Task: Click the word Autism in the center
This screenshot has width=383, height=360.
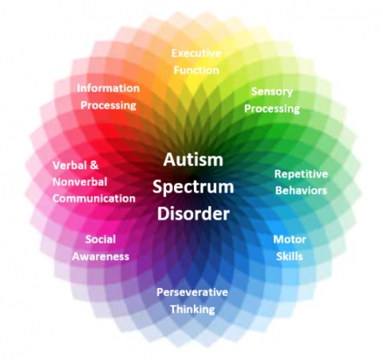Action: (193, 159)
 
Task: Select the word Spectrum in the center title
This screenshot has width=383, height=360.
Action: (193, 187)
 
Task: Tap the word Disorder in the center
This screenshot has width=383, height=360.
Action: (193, 214)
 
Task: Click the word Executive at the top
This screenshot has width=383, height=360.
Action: (196, 53)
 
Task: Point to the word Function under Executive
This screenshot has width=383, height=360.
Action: (196, 70)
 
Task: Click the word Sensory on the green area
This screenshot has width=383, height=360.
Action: (272, 92)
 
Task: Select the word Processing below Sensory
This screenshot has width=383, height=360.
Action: (272, 109)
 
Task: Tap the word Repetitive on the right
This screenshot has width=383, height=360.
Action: (301, 174)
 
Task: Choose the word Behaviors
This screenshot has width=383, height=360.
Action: (301, 191)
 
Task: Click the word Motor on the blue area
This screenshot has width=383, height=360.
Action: (290, 239)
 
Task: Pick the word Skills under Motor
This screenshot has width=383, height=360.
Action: (290, 256)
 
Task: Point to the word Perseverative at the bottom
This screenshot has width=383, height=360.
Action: (192, 292)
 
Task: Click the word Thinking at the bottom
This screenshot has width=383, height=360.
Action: (192, 309)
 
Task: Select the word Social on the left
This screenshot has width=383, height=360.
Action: (101, 239)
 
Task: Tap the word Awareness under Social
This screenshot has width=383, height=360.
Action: (101, 256)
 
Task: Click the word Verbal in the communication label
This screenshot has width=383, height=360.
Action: (69, 165)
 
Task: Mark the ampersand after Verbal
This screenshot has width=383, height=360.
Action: (93, 165)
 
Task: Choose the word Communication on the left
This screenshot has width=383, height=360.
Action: (95, 199)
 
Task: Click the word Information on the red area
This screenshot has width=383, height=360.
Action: (108, 88)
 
